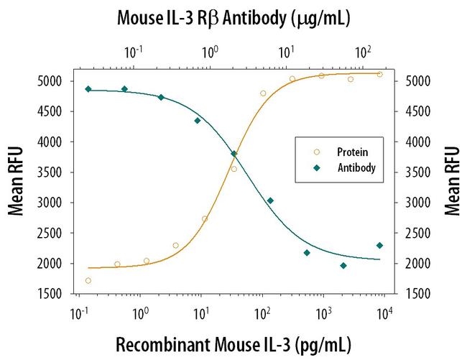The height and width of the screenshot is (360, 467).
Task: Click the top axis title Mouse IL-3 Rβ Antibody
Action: [x=233, y=19]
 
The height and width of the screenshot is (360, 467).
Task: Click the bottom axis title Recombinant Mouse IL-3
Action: [x=233, y=342]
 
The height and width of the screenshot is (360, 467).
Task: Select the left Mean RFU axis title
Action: [x=15, y=182]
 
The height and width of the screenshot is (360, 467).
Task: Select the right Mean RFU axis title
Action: [x=452, y=182]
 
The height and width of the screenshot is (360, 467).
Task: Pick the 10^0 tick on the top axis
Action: [x=210, y=52]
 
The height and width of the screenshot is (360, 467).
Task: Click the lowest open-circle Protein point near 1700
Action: [x=88, y=280]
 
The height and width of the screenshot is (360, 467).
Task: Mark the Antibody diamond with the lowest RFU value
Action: [x=343, y=265]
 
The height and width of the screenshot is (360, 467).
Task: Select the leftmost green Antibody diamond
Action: [x=88, y=89]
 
